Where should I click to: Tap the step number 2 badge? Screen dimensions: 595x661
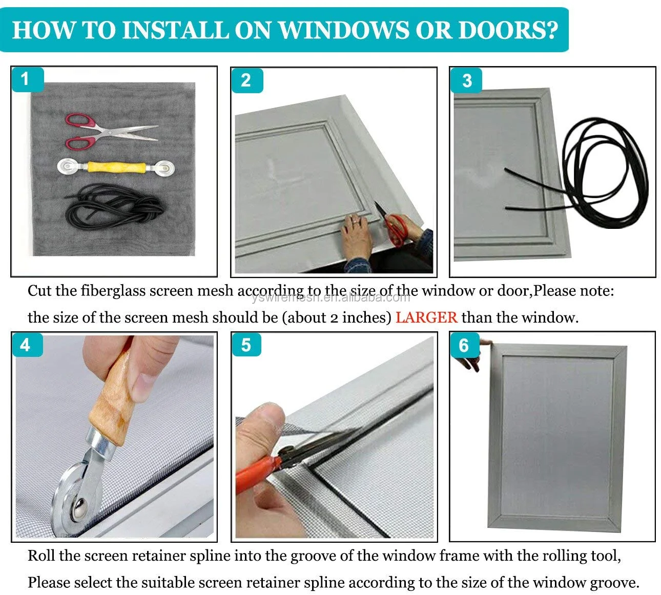246,80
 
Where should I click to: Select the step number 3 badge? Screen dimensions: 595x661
466,80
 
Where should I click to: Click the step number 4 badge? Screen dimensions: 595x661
26,345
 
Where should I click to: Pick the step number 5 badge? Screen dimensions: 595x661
246,345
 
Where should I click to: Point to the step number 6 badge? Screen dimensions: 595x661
464,345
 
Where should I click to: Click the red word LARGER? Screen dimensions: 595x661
426,317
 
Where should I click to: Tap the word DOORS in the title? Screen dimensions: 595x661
507,30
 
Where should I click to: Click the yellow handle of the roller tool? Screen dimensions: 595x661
114,167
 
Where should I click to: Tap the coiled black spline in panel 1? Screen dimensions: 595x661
115,207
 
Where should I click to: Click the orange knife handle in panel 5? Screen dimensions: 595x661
256,471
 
